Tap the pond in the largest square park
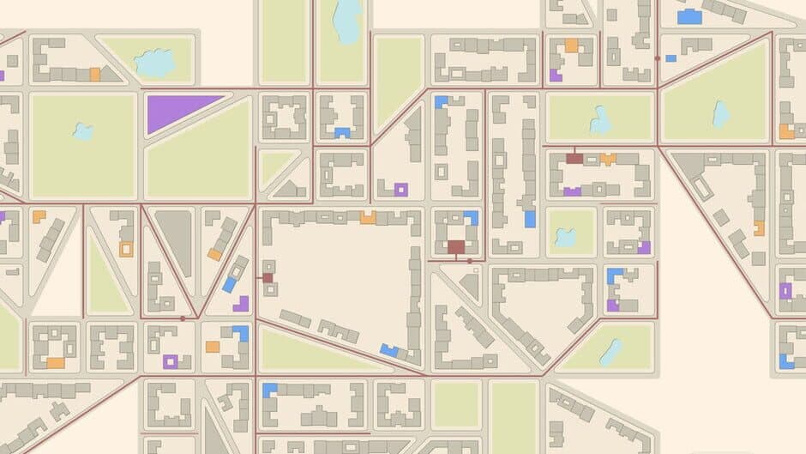pyautogui.click(x=83, y=131)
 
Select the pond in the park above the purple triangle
pyautogui.click(x=154, y=62)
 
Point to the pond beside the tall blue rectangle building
pyautogui.click(x=565, y=236)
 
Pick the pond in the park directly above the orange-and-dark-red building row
pyautogui.click(x=600, y=120)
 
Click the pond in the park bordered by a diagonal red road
pyautogui.click(x=721, y=112)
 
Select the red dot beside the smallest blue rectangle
pyautogui.click(x=658, y=58)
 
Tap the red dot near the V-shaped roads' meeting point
pyautogui.click(x=183, y=318)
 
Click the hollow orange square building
pyautogui.click(x=126, y=249)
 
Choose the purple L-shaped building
pyautogui.click(x=242, y=304)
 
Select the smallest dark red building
pyautogui.click(x=268, y=277)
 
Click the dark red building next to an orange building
pyautogui.click(x=574, y=159)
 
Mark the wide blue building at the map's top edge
pyautogui.click(x=689, y=17)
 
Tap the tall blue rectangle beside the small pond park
pyautogui.click(x=530, y=219)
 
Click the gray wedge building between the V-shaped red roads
pyautogui.click(x=177, y=241)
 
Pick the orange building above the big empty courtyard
pyautogui.click(x=368, y=218)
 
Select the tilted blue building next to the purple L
pyautogui.click(x=230, y=284)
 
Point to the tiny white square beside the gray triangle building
pyautogui.click(x=476, y=270)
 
